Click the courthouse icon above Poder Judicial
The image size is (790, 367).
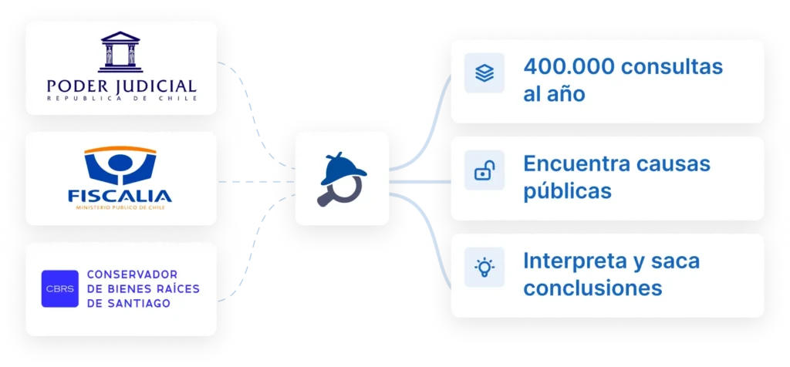coord(121,52)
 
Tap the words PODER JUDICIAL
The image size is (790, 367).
coord(121,85)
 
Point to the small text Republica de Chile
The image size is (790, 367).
coord(121,99)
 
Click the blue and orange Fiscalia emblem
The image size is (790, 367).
coord(120,166)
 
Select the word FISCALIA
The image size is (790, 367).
coord(120,194)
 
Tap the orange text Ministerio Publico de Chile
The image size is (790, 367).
coord(120,207)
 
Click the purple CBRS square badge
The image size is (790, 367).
coord(59,288)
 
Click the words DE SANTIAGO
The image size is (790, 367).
coord(129,304)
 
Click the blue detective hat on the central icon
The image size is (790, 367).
coord(341,163)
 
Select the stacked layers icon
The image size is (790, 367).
coord(484,73)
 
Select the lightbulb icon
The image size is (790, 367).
coord(484,268)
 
